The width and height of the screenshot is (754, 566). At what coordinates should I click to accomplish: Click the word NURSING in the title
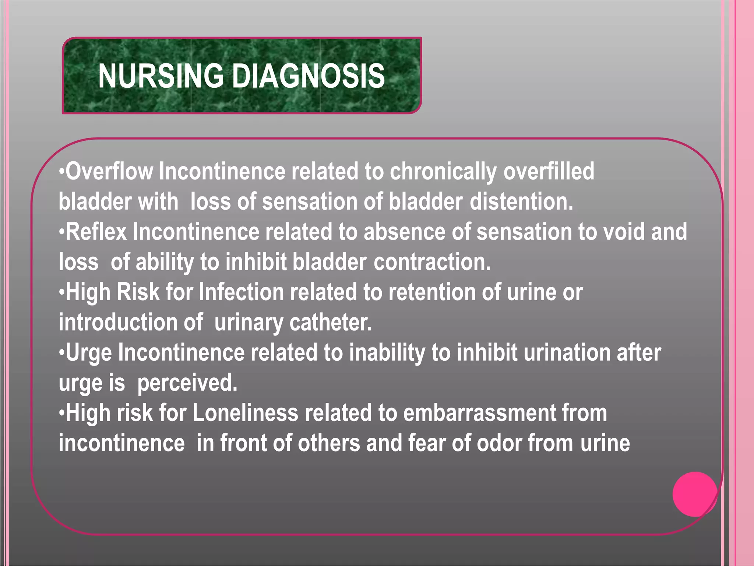pyautogui.click(x=161, y=76)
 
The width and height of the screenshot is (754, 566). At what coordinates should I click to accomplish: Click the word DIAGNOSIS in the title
pyautogui.click(x=308, y=76)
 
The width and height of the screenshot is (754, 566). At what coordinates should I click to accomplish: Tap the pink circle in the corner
pyautogui.click(x=695, y=494)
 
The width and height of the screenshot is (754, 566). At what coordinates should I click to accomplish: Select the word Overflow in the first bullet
pyautogui.click(x=109, y=172)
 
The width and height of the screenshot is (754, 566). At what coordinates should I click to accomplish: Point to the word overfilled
pyautogui.click(x=549, y=172)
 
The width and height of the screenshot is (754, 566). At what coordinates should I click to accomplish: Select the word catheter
pyautogui.click(x=330, y=323)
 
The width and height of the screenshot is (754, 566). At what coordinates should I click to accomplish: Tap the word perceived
pyautogui.click(x=187, y=383)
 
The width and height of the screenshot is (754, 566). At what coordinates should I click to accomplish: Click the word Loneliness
pyautogui.click(x=245, y=413)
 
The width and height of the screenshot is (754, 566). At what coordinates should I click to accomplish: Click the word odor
pyautogui.click(x=499, y=443)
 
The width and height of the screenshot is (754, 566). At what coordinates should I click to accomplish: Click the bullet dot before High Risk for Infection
pyautogui.click(x=61, y=293)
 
